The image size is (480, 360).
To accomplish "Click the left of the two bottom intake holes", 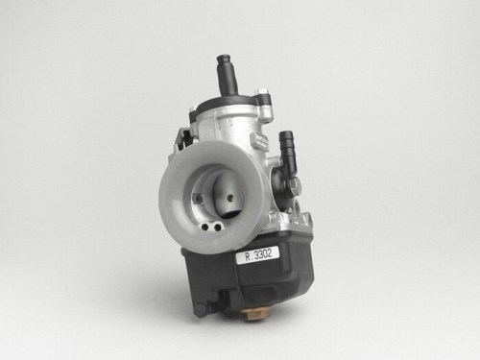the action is click(x=205, y=228).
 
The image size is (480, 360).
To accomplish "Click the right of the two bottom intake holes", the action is click(x=218, y=228).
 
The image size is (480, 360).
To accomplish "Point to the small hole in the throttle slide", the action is click(x=229, y=199).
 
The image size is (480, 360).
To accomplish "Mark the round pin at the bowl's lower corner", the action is click(x=201, y=309).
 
